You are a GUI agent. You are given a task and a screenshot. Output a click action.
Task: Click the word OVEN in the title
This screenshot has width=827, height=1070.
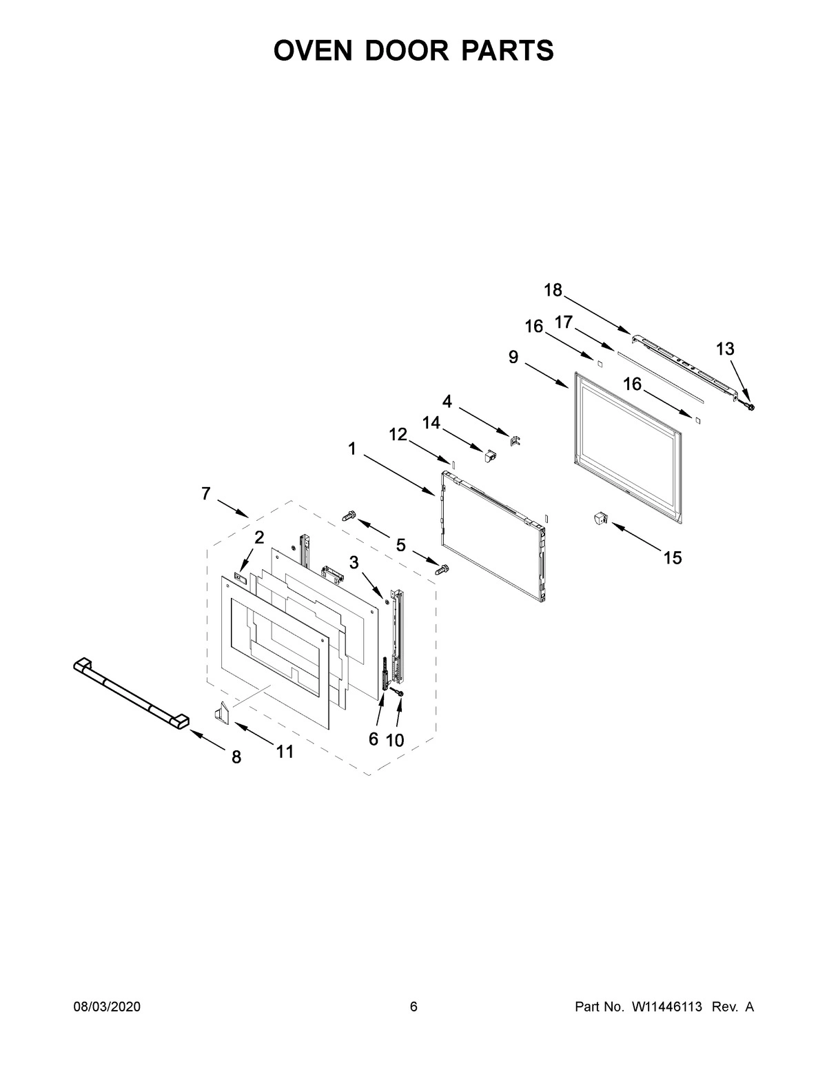pyautogui.click(x=314, y=51)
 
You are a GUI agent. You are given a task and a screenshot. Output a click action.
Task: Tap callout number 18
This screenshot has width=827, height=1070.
pyautogui.click(x=553, y=291)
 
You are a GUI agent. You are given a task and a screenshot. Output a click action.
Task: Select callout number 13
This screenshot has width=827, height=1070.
pyautogui.click(x=725, y=349)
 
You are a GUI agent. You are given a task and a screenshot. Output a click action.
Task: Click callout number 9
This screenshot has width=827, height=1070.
pyautogui.click(x=513, y=358)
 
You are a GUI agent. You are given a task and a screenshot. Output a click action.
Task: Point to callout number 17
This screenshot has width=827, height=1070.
pyautogui.click(x=564, y=322)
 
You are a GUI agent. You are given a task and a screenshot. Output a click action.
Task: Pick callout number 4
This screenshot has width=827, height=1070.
pyautogui.click(x=447, y=402)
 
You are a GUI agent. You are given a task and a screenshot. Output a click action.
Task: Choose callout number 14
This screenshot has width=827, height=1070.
pyautogui.click(x=431, y=423)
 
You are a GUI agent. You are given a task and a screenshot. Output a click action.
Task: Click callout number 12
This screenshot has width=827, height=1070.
pyautogui.click(x=398, y=434)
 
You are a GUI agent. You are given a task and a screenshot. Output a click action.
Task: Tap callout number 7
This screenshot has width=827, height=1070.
pyautogui.click(x=206, y=494)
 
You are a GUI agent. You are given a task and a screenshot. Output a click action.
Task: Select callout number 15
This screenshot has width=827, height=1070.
pyautogui.click(x=673, y=558)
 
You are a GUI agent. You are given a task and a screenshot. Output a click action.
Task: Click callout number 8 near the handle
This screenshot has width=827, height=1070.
pyautogui.click(x=236, y=757)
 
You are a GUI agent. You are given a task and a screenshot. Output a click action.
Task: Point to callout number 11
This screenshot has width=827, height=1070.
pyautogui.click(x=285, y=752)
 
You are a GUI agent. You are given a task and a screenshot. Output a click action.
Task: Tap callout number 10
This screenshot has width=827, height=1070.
pyautogui.click(x=395, y=740)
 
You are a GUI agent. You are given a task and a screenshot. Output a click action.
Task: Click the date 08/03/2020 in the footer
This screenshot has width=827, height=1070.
pyautogui.click(x=107, y=1007)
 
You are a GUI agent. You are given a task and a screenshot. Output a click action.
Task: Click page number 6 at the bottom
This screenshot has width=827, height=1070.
pyautogui.click(x=413, y=1007)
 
